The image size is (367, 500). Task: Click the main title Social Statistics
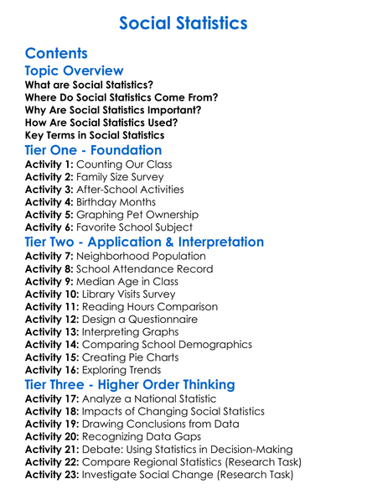183,22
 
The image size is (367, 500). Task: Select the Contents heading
61,53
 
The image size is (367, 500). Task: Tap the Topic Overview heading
75,70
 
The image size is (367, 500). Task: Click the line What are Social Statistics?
89,85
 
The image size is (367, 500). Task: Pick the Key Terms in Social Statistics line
95,135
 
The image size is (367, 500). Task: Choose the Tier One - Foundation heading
93,151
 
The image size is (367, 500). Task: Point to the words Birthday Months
116,202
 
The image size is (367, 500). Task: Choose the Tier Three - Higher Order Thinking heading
130,384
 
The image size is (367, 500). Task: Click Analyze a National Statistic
148,399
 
